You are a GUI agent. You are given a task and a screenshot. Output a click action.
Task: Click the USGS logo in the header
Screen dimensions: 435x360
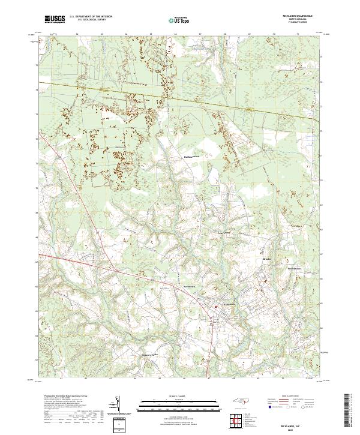pyautogui.click(x=55, y=20)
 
